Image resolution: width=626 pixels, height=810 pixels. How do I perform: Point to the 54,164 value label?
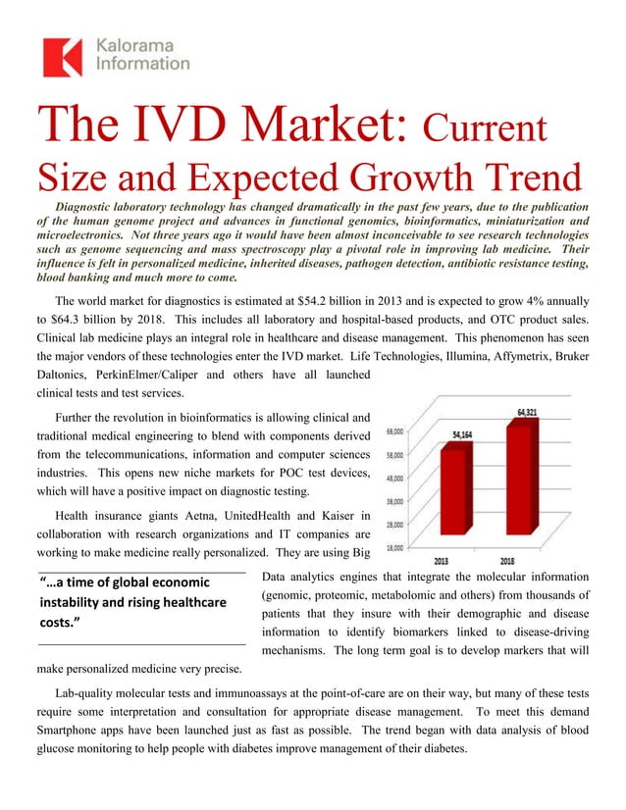[464, 430]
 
